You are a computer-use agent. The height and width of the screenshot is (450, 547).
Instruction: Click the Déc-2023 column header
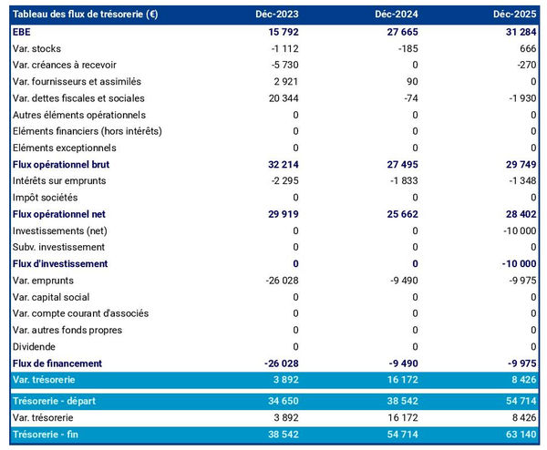(x=277, y=15)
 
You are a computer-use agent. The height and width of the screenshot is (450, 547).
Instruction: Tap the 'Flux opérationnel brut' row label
(x=61, y=165)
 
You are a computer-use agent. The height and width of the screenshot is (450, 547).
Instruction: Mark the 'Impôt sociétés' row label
(x=46, y=198)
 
